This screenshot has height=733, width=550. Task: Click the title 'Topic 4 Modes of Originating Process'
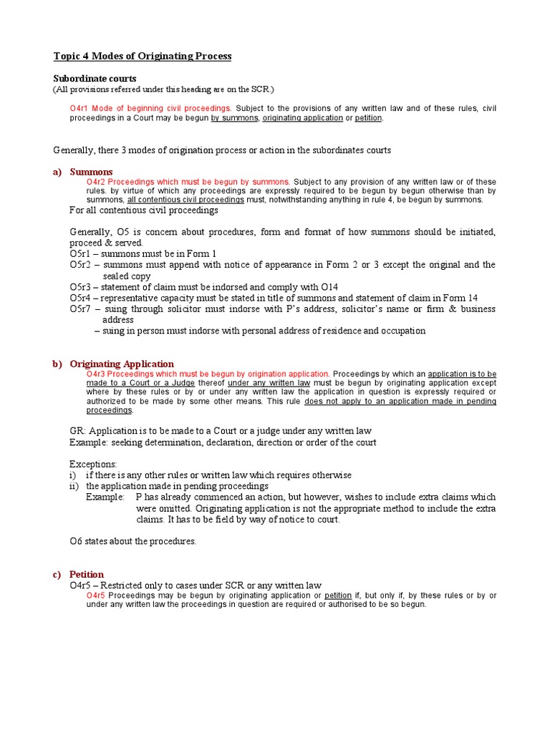coord(143,56)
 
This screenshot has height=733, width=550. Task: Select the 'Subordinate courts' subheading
coord(95,78)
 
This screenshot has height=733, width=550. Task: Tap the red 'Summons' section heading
coord(91,172)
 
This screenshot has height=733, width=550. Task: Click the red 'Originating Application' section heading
coord(122,364)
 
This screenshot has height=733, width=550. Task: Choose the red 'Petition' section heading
coord(87,574)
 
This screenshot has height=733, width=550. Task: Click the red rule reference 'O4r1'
coord(78,108)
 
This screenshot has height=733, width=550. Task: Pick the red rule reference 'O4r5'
coord(96,595)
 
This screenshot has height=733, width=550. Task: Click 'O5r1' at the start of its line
coord(81,253)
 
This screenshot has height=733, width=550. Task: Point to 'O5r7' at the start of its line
coord(81,309)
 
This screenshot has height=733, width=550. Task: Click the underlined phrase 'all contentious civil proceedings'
coord(185,200)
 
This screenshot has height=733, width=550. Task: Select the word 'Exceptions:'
coord(93,464)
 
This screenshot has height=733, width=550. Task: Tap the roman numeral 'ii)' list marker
coord(74,486)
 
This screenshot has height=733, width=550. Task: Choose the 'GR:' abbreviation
coord(77,431)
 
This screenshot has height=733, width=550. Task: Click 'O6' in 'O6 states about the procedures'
coord(76,541)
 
